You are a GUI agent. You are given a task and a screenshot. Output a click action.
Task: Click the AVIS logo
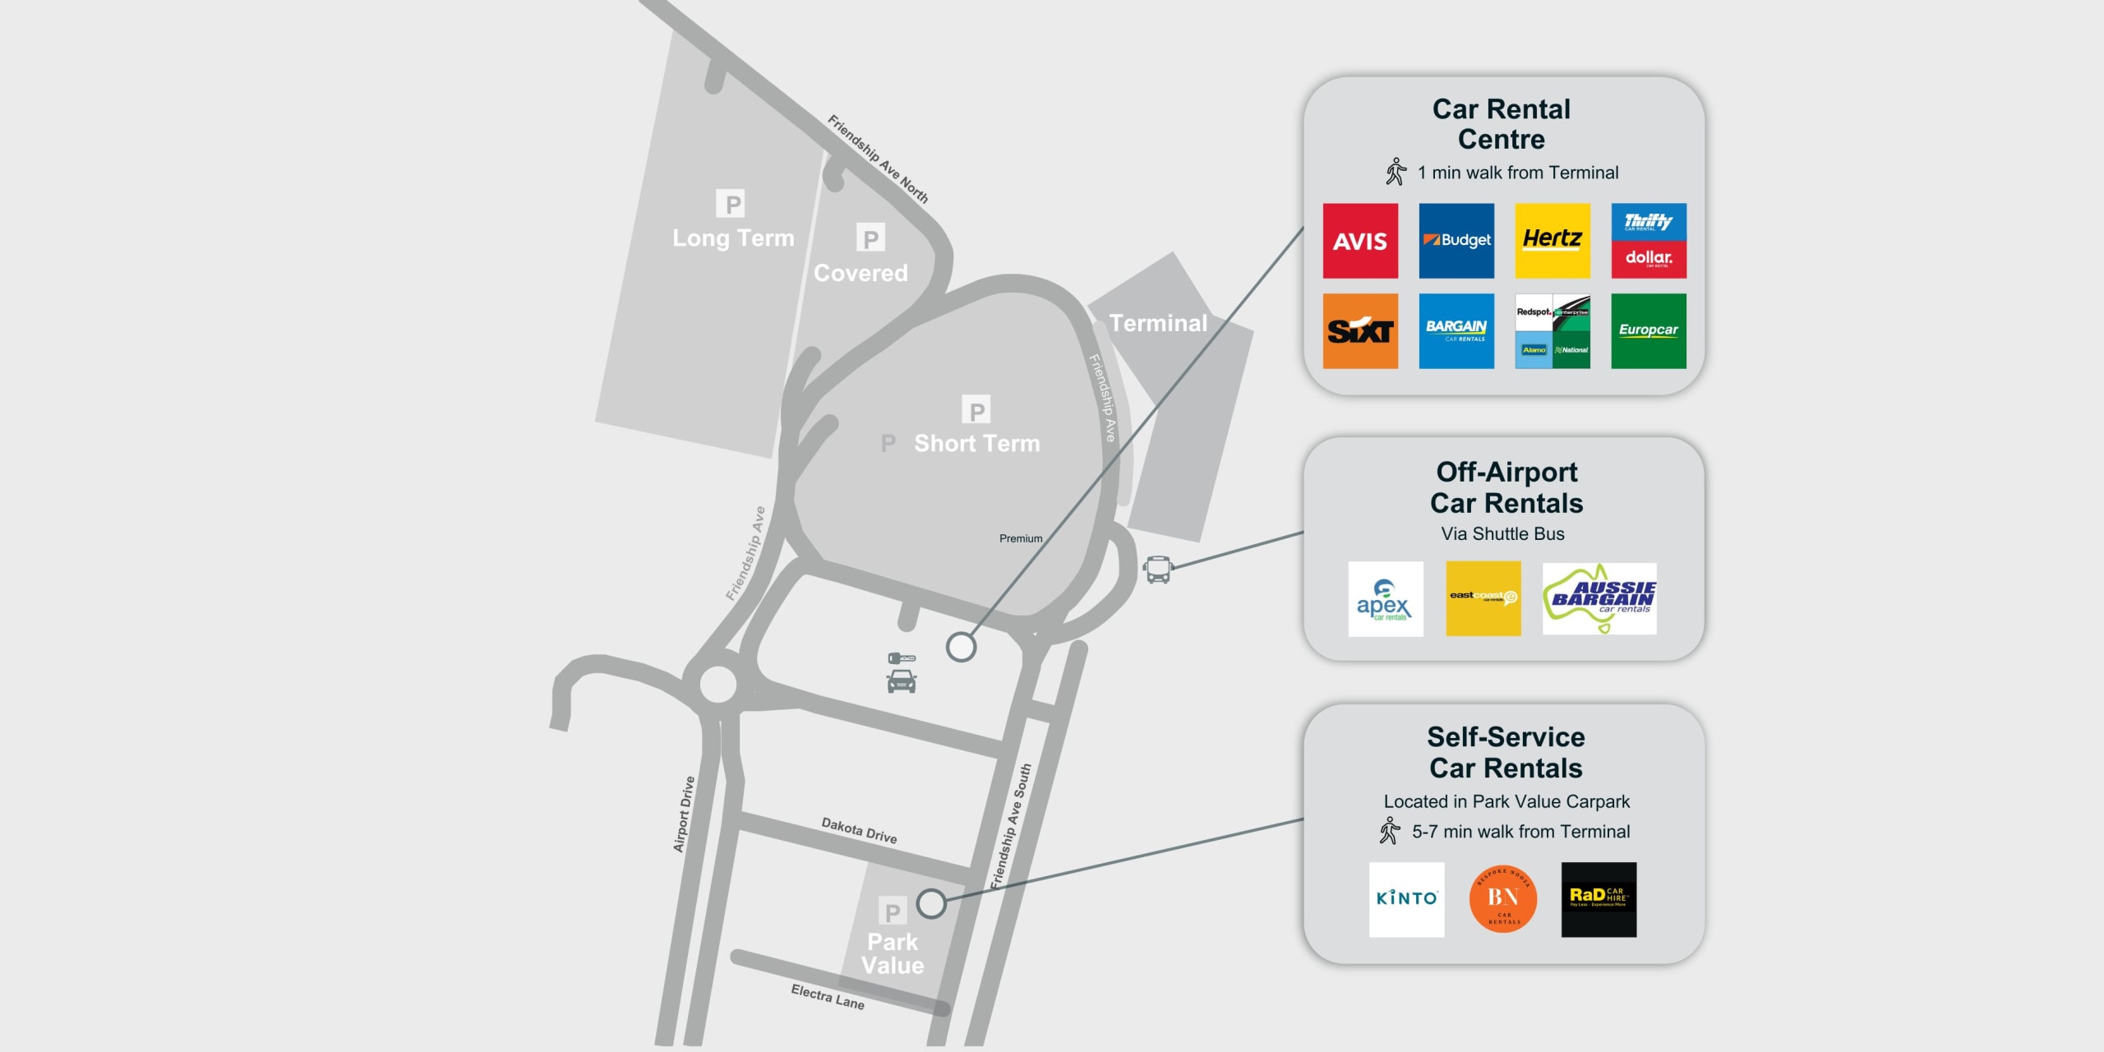click(x=1359, y=241)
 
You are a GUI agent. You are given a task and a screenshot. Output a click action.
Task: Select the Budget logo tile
click(x=1456, y=241)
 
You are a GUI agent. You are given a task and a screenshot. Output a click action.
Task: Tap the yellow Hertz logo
click(x=1552, y=241)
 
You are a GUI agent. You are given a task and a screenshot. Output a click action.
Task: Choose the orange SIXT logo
click(x=1359, y=331)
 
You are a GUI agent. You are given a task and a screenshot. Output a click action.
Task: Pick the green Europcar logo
click(x=1648, y=331)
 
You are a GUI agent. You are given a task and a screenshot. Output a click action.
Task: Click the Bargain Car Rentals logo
click(x=1456, y=331)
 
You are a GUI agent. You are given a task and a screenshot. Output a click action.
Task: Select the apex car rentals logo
click(x=1385, y=598)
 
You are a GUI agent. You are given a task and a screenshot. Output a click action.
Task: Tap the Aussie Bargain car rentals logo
click(x=1599, y=598)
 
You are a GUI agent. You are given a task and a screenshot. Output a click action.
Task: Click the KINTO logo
click(x=1406, y=899)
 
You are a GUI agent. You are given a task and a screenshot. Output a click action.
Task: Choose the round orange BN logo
click(x=1503, y=899)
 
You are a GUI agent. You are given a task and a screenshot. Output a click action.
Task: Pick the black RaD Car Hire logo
click(x=1599, y=899)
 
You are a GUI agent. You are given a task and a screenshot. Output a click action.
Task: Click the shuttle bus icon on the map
click(x=1157, y=569)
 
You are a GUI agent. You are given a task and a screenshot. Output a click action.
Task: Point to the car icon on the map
click(x=902, y=681)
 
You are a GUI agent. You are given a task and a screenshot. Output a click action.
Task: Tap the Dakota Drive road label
click(x=859, y=830)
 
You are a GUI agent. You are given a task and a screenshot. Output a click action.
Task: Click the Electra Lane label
click(x=827, y=996)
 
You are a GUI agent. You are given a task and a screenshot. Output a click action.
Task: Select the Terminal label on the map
click(x=1158, y=323)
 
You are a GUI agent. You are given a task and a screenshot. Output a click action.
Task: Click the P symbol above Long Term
click(x=730, y=203)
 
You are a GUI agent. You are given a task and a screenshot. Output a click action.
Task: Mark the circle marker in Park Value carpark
click(x=931, y=904)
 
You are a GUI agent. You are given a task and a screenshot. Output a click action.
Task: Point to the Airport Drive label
click(x=684, y=814)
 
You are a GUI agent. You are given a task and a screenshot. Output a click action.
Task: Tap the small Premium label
click(x=1021, y=538)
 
